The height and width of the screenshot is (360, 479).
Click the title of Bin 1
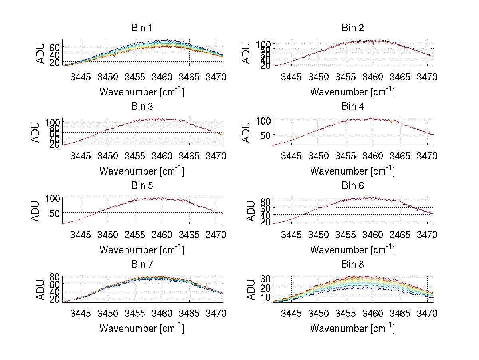coord(142,28)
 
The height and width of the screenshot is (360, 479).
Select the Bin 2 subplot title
coord(353,28)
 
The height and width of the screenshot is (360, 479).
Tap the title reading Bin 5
coord(142,186)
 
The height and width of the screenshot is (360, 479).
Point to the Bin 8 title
coord(353,265)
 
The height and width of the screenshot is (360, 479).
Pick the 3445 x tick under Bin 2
coord(291,76)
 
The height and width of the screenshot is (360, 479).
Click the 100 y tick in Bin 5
coord(53,198)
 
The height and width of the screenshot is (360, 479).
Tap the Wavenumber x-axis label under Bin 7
coord(142,328)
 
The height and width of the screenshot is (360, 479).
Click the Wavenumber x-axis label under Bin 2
coord(352,91)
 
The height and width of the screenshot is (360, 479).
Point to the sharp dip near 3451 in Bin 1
coord(115,55)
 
